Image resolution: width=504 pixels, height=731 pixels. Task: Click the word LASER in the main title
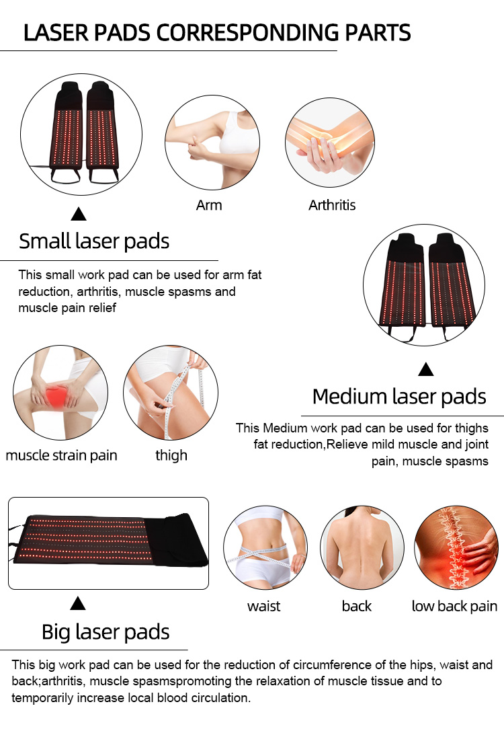pyautogui.click(x=56, y=33)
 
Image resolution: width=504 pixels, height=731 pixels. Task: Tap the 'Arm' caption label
pyautogui.click(x=209, y=205)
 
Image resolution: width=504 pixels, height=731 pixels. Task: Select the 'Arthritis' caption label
pyautogui.click(x=332, y=205)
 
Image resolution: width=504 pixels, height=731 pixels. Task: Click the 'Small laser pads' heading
pyautogui.click(x=94, y=241)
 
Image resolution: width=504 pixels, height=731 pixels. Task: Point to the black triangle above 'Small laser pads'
pyautogui.click(x=79, y=214)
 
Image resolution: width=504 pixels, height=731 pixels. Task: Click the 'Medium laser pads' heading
pyautogui.click(x=399, y=397)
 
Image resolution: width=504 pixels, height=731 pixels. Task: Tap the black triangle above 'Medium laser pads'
pyautogui.click(x=426, y=369)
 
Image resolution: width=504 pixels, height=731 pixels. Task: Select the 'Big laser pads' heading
pyautogui.click(x=106, y=633)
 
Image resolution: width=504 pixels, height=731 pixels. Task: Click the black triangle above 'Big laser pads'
pyautogui.click(x=78, y=603)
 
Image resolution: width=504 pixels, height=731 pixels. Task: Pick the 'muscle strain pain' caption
pyautogui.click(x=61, y=455)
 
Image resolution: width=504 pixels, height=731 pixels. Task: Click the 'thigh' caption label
pyautogui.click(x=171, y=455)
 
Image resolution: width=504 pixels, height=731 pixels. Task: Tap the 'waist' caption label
pyautogui.click(x=263, y=607)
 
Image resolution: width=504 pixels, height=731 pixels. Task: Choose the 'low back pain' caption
pyautogui.click(x=455, y=607)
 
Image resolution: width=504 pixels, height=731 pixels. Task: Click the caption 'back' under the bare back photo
pyautogui.click(x=356, y=606)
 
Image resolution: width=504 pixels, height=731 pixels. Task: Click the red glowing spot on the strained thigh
pyautogui.click(x=57, y=396)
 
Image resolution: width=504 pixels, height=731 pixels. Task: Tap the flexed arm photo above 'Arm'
pyautogui.click(x=212, y=142)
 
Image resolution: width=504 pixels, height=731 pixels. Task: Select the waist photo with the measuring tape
pyautogui.click(x=265, y=547)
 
